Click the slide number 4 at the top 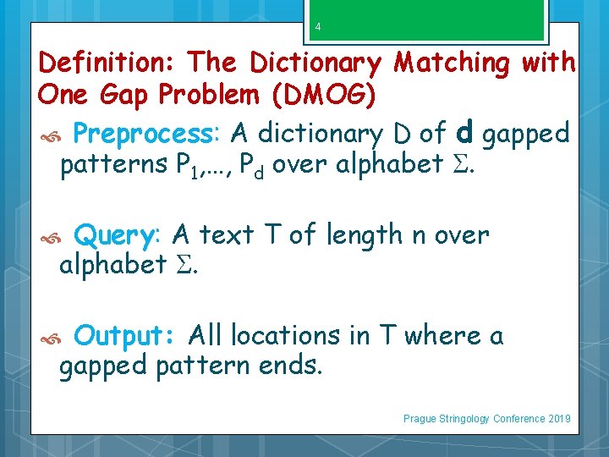pyautogui.click(x=318, y=27)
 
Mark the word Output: pyautogui.click(x=125, y=336)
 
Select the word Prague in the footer pyautogui.click(x=420, y=419)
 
